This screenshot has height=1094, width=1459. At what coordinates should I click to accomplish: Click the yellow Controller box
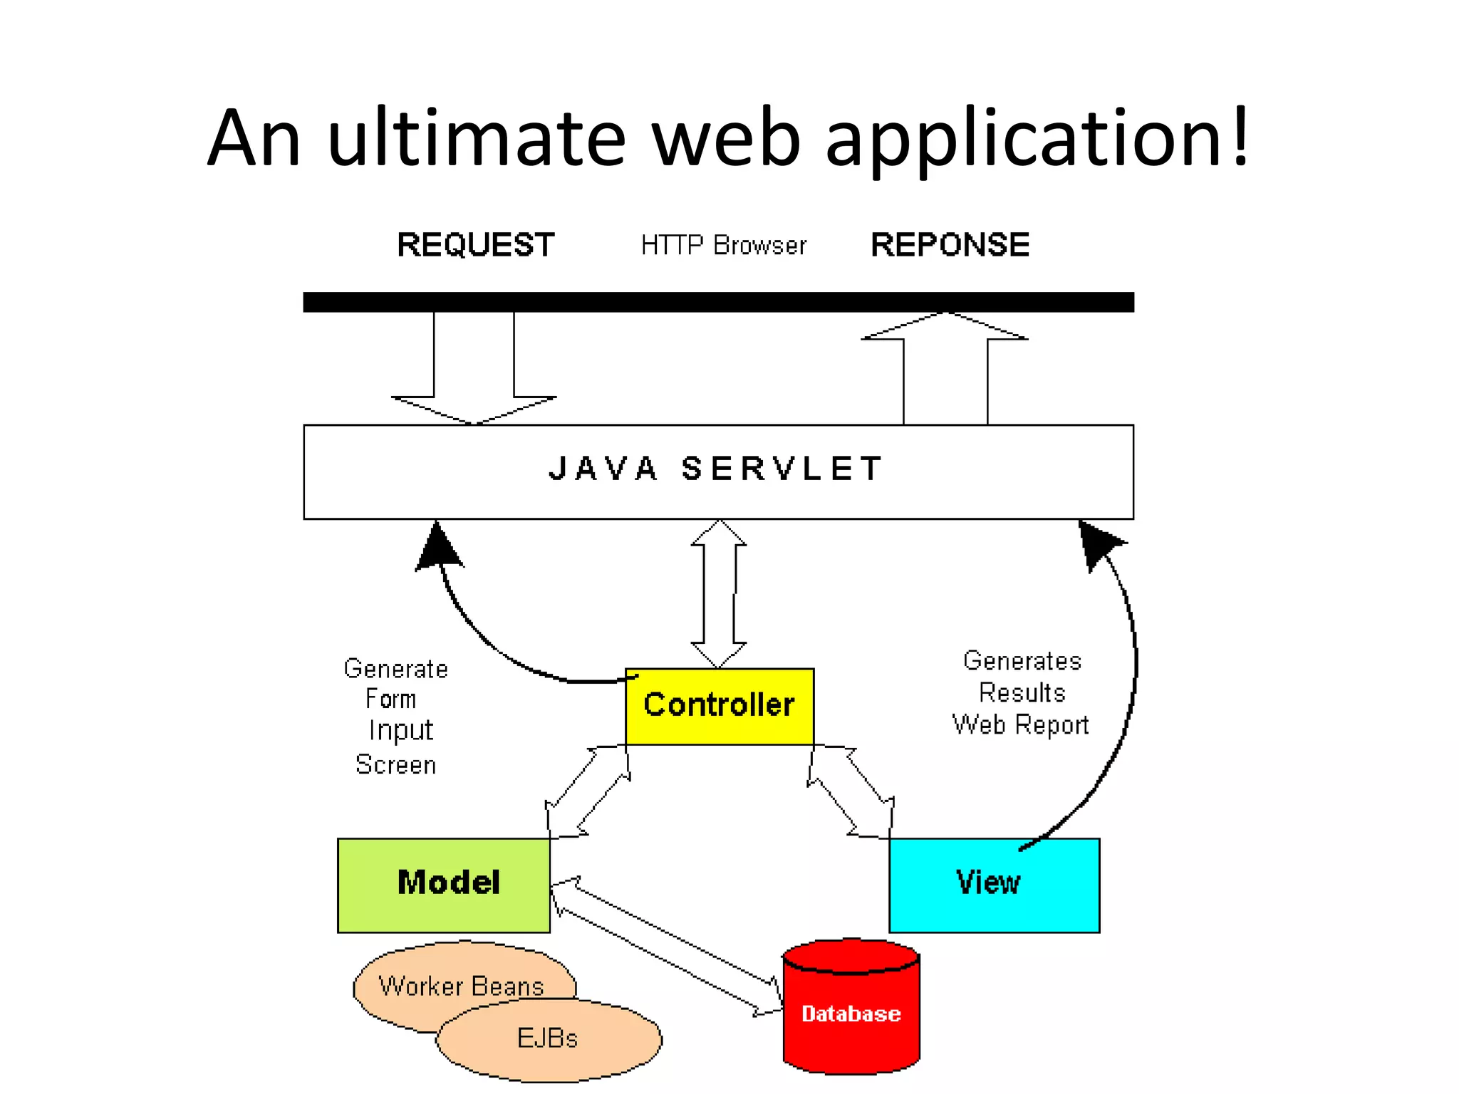719,706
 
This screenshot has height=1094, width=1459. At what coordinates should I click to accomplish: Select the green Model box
444,885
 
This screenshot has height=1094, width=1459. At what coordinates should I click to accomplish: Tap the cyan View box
994,885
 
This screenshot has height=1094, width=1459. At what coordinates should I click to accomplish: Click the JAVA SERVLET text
716,469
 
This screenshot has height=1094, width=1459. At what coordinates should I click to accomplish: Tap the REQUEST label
475,245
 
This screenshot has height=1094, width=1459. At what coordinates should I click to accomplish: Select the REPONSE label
950,245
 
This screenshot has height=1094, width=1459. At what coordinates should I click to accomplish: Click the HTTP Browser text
723,246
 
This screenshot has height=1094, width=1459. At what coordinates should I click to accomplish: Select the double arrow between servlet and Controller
719,593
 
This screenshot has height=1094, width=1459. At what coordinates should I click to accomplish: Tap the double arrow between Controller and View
851,791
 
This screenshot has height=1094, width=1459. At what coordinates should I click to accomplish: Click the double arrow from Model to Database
666,947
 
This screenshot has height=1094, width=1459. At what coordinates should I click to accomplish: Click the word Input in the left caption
400,731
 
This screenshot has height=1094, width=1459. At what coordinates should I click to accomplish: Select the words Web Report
1020,724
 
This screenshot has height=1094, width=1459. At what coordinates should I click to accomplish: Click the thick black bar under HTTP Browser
718,302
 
